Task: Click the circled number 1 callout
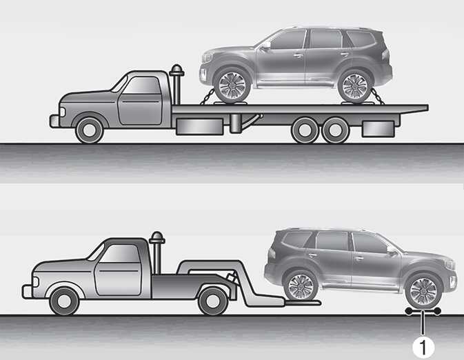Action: pos(423,347)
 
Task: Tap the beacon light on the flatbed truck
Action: pos(176,70)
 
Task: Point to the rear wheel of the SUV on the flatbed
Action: pos(355,86)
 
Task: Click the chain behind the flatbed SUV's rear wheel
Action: pos(378,97)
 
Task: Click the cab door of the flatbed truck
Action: pos(140,101)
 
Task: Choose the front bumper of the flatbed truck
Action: pos(54,121)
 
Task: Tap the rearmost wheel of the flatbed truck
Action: pos(335,130)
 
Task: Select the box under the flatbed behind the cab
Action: pos(200,127)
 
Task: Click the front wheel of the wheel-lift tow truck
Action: pos(64,301)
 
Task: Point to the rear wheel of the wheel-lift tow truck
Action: pos(213,301)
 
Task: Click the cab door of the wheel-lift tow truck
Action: pos(117,270)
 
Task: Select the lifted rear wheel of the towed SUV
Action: pos(301,286)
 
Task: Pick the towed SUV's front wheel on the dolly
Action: pos(424,291)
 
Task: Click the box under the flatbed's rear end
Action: pos(379,129)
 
